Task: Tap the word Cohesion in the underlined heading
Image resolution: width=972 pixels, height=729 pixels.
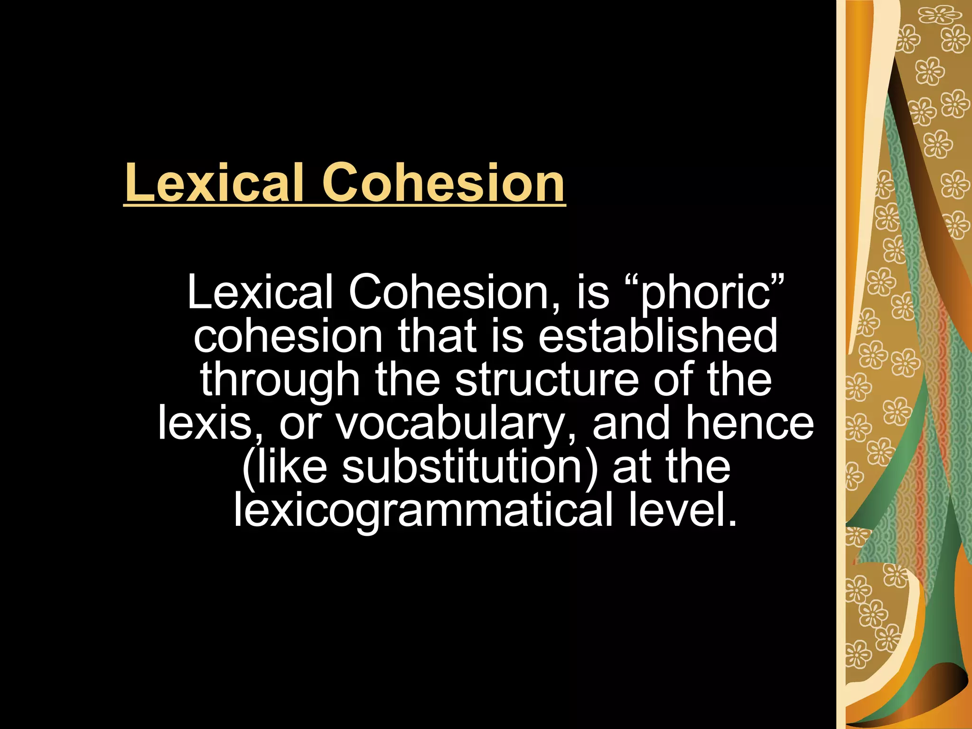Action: (444, 183)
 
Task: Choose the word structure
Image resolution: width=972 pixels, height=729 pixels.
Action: (546, 380)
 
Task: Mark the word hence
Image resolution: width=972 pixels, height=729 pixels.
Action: (750, 423)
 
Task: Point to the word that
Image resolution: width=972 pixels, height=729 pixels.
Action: (437, 336)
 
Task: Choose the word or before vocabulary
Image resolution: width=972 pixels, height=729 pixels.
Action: (300, 424)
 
